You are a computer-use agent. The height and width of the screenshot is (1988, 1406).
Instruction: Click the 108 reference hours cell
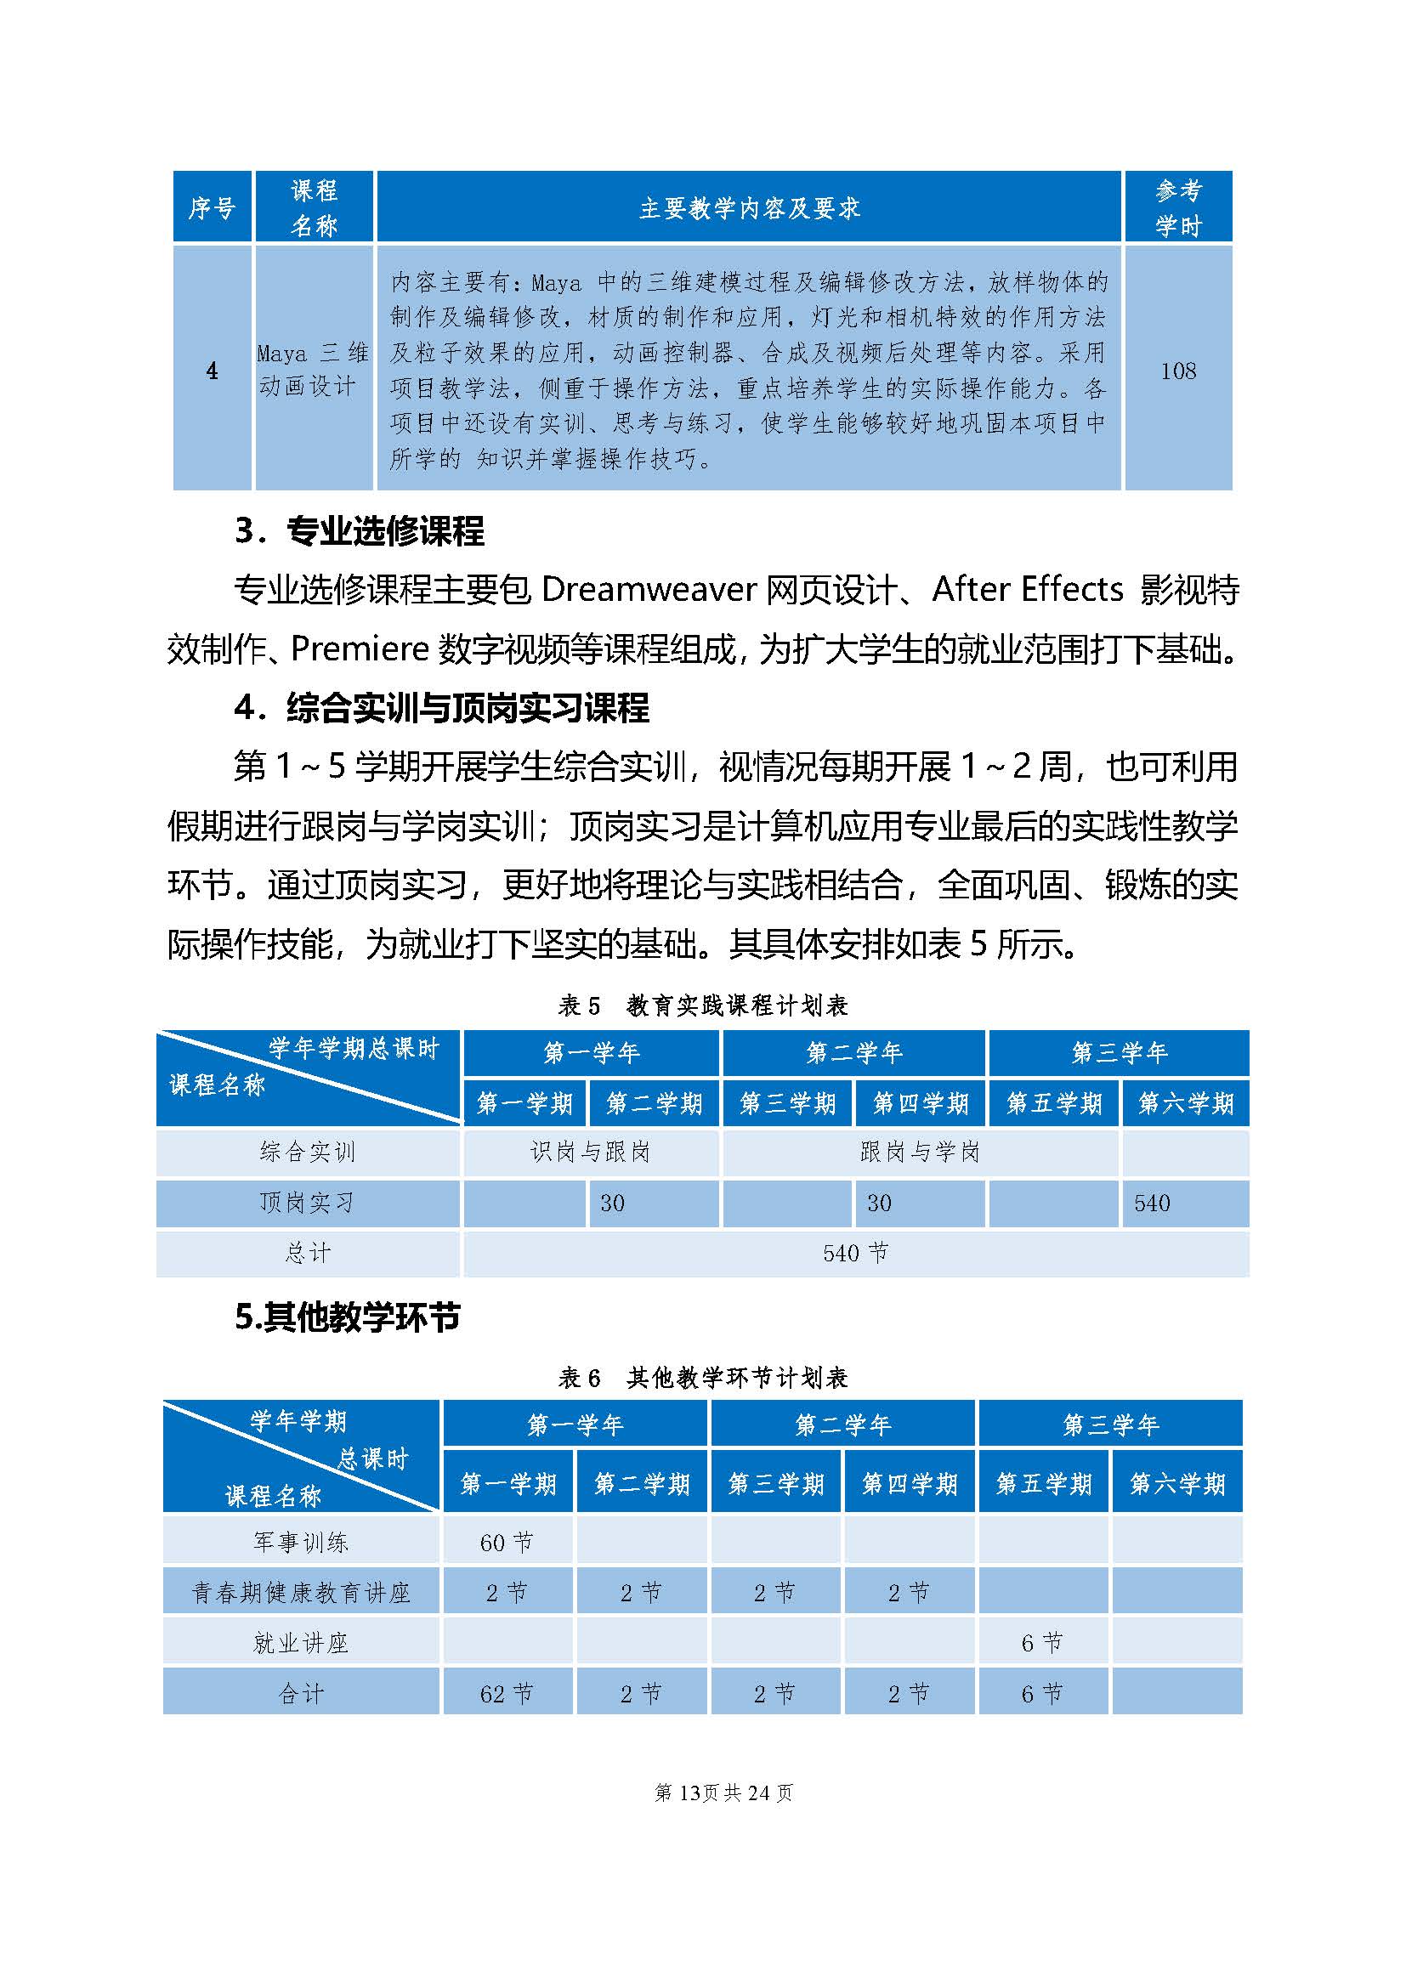point(1177,371)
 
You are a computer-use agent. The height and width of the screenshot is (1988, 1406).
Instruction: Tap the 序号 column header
point(213,207)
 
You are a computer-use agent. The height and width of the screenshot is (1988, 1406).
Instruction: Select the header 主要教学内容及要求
point(749,207)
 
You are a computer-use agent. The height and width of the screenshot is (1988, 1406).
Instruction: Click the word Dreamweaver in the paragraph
point(649,590)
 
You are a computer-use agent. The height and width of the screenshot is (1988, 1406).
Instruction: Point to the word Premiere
point(360,649)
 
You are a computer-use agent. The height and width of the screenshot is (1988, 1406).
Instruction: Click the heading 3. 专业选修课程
point(360,530)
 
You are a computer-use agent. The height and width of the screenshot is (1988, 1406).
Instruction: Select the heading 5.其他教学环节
point(347,1317)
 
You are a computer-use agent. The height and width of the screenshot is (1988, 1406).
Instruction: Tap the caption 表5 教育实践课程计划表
point(702,1005)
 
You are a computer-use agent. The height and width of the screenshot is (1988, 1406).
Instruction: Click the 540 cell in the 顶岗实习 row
point(1153,1203)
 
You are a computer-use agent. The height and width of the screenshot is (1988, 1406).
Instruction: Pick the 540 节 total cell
point(855,1253)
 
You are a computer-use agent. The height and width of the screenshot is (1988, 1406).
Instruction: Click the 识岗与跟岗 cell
point(591,1152)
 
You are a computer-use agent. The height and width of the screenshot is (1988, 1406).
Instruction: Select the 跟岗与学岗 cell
point(920,1152)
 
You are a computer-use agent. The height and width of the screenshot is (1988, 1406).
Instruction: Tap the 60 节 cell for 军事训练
point(507,1542)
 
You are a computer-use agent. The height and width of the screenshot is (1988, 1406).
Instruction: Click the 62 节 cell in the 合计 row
point(507,1694)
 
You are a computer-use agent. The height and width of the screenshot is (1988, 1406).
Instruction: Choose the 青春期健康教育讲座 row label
point(300,1592)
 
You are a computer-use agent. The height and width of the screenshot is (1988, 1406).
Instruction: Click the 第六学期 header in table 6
point(1177,1483)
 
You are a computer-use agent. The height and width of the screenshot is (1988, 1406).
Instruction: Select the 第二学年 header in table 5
point(853,1053)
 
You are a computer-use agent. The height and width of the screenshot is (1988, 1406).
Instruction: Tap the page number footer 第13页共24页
point(723,1793)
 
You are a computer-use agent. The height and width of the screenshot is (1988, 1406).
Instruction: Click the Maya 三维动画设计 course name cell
point(314,370)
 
